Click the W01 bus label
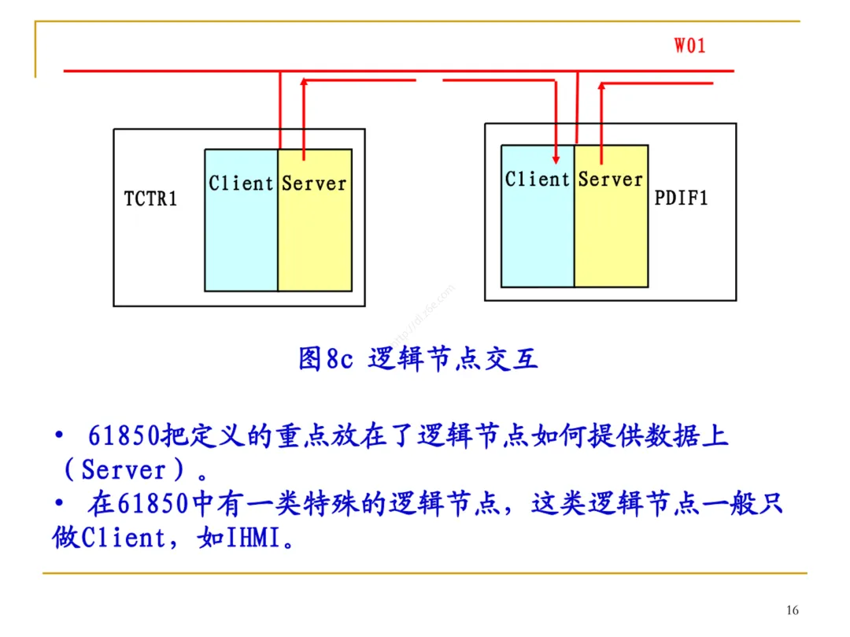click(689, 45)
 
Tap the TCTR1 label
click(151, 198)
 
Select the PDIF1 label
click(681, 198)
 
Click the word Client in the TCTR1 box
click(241, 183)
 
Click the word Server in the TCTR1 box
click(314, 183)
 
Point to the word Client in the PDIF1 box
click(538, 180)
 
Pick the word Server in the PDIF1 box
click(611, 180)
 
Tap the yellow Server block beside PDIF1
click(612, 236)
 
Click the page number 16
click(793, 610)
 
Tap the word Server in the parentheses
click(124, 470)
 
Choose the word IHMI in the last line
click(253, 539)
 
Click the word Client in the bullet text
click(122, 539)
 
